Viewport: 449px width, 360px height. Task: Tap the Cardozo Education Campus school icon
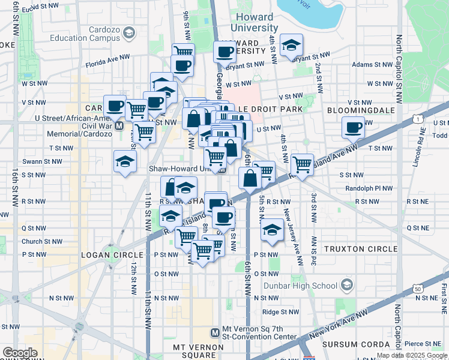point(128,34)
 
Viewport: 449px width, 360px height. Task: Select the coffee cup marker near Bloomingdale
point(353,127)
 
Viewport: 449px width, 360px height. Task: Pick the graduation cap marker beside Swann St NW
point(125,161)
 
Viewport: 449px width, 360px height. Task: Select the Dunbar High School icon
point(346,284)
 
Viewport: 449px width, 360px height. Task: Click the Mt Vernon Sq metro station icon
point(215,332)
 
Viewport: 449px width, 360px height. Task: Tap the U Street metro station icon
point(119,126)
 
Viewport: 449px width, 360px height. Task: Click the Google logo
point(20,352)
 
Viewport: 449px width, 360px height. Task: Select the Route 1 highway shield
point(415,119)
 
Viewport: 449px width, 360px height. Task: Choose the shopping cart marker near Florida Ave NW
point(182,52)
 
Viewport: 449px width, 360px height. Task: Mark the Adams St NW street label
point(370,64)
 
